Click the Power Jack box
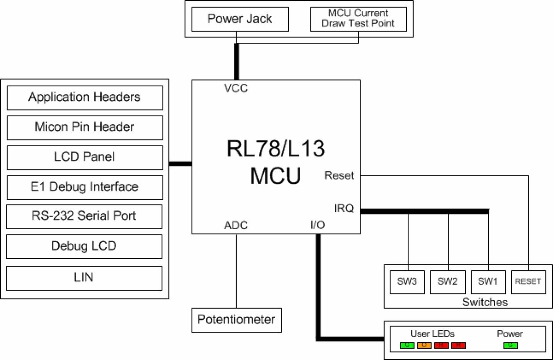click(x=240, y=19)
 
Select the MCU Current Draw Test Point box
click(x=358, y=19)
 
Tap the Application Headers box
click(x=85, y=97)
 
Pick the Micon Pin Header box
click(x=85, y=127)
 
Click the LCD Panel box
click(x=85, y=157)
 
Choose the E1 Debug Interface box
click(x=85, y=187)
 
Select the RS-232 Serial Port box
click(x=85, y=216)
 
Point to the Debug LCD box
click(x=85, y=246)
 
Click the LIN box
click(x=85, y=278)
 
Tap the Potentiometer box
click(x=236, y=319)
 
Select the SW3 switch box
click(x=407, y=282)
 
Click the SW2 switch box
click(x=448, y=282)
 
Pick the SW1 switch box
click(x=488, y=282)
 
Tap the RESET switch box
click(x=527, y=282)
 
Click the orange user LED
click(x=424, y=345)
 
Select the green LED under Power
click(x=510, y=345)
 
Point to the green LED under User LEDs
click(x=407, y=345)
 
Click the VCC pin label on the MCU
click(x=236, y=89)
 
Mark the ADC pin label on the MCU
click(x=236, y=226)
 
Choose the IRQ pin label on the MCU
click(x=344, y=208)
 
